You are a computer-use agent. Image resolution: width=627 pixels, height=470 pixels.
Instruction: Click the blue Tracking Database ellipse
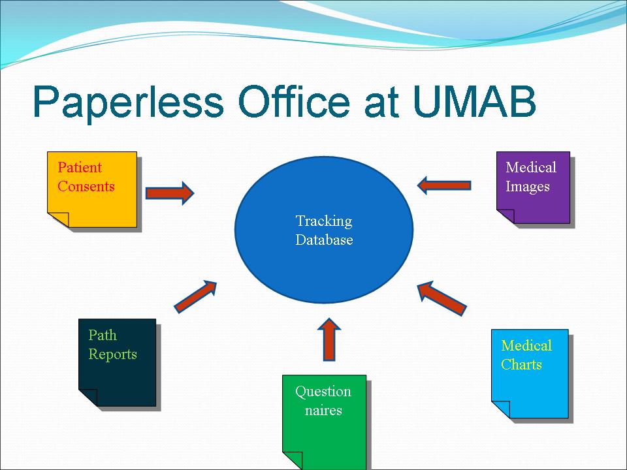324,261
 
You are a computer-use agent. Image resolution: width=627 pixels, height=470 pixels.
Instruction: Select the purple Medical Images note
533,196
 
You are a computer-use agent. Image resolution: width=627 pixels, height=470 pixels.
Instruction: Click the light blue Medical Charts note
530,385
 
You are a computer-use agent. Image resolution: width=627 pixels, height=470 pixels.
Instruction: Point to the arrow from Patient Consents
169,193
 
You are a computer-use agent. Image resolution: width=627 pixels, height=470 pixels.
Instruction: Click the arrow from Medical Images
443,185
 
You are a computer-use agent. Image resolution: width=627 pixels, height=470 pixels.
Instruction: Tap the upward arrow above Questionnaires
329,339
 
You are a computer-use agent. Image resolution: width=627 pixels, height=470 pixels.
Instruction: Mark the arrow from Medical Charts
442,297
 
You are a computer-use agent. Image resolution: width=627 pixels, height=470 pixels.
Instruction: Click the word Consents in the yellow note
86,187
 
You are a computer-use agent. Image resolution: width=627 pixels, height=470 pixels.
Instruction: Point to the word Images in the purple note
528,187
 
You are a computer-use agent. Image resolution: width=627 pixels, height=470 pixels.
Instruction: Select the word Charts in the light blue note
521,364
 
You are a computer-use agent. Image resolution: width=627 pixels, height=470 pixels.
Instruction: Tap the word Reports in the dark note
112,354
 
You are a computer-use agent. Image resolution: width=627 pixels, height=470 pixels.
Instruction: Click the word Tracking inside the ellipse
324,221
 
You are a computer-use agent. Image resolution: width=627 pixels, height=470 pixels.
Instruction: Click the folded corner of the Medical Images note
505,215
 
